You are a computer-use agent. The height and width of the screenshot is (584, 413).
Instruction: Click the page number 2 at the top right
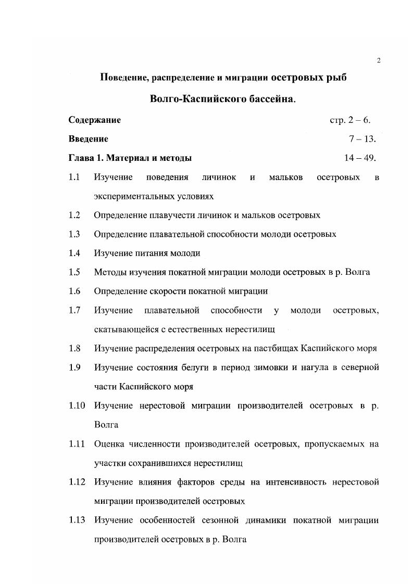pyautogui.click(x=379, y=61)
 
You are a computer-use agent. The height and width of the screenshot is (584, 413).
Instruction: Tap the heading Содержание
pyautogui.click(x=94, y=120)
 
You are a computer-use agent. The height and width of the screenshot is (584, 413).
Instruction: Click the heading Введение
pyautogui.click(x=88, y=139)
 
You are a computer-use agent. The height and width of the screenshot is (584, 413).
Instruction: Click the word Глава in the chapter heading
pyautogui.click(x=81, y=158)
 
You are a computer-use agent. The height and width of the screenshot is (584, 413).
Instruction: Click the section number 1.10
pyautogui.click(x=76, y=405)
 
